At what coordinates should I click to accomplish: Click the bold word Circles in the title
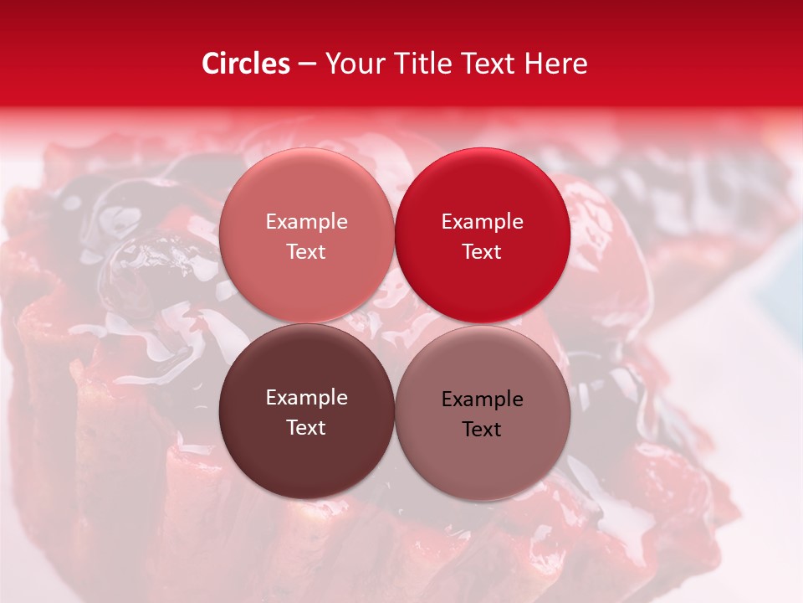pyautogui.click(x=246, y=64)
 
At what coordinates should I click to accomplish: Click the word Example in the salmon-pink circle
pyautogui.click(x=306, y=222)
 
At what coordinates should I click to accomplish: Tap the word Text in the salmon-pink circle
pyautogui.click(x=306, y=252)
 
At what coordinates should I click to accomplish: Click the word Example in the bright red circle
pyautogui.click(x=482, y=222)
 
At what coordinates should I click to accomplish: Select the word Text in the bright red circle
pyautogui.click(x=482, y=252)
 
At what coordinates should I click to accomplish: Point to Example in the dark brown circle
pyautogui.click(x=306, y=398)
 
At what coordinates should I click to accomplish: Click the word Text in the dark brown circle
pyautogui.click(x=306, y=428)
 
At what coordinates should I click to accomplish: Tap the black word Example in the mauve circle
pyautogui.click(x=482, y=399)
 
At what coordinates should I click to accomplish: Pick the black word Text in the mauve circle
pyautogui.click(x=482, y=430)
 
